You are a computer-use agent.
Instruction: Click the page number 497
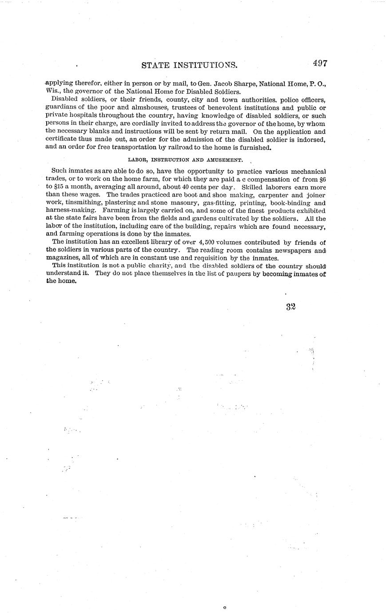point(319,63)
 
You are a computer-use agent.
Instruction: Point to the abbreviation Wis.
point(52,92)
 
